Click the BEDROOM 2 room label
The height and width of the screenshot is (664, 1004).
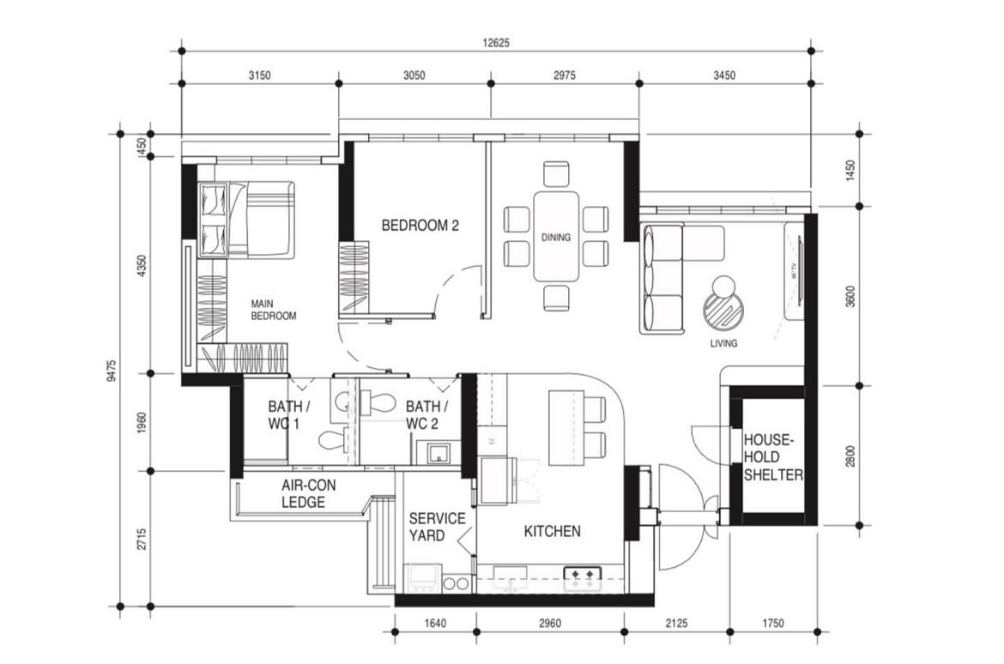[420, 226]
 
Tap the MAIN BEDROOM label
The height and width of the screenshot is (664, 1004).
[274, 310]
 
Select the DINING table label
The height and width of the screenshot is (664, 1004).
[555, 238]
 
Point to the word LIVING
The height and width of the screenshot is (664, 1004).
[723, 343]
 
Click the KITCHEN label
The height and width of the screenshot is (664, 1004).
[552, 532]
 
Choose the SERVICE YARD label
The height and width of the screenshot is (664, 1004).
[437, 527]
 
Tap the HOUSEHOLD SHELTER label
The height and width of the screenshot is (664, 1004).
[773, 457]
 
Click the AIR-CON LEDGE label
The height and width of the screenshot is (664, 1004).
[308, 494]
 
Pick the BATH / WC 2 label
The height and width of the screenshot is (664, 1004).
[427, 415]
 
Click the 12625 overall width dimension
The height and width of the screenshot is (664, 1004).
[497, 44]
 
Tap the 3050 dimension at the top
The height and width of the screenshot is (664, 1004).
[414, 75]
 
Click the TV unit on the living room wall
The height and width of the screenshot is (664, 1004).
[795, 270]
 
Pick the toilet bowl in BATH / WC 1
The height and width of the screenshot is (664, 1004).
[332, 440]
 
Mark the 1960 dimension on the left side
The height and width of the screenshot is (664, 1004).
[142, 422]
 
